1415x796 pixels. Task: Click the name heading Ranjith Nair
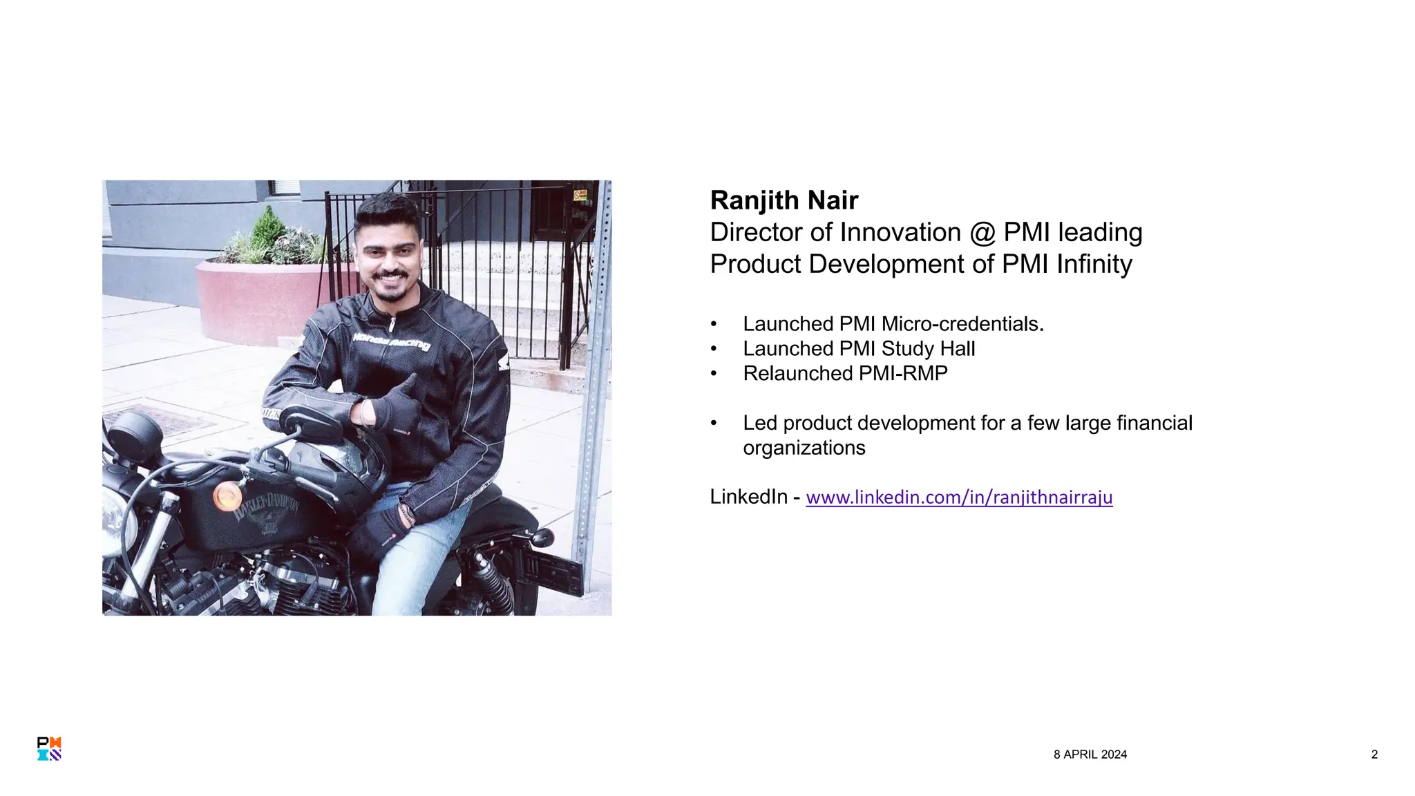(784, 200)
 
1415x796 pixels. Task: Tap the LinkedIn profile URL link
(959, 497)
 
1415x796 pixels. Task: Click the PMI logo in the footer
(49, 749)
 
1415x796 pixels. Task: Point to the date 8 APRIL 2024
(1090, 755)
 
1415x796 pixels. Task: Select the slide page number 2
(1374, 755)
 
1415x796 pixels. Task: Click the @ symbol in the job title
(982, 233)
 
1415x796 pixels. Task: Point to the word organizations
(804, 448)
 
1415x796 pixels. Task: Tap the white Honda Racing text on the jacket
(391, 341)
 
